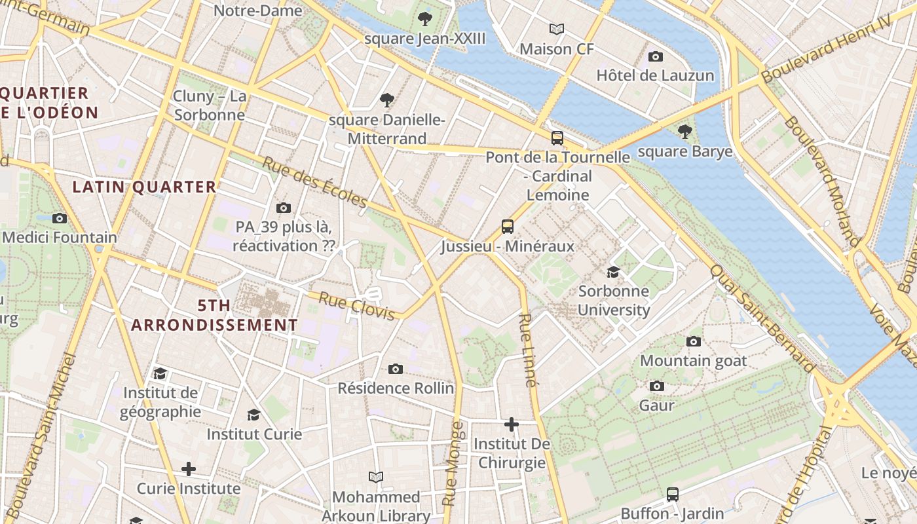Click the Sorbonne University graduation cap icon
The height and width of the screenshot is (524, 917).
(x=613, y=272)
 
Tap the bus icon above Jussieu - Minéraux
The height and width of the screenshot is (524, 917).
(x=508, y=227)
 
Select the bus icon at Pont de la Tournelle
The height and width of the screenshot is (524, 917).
(x=557, y=138)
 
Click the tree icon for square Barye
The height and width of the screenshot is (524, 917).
(x=684, y=132)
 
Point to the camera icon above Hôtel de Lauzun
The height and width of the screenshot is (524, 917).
(x=655, y=56)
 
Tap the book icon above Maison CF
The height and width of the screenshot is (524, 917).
(x=557, y=29)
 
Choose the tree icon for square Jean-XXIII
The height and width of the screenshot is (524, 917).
(x=425, y=19)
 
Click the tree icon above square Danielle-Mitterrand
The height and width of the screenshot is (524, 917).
(x=387, y=100)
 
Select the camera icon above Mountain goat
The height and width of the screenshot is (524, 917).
(x=694, y=341)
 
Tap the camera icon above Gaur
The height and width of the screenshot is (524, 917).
(x=657, y=386)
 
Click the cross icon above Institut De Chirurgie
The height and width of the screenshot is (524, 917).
(x=512, y=424)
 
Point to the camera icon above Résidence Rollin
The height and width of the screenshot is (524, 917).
(x=396, y=369)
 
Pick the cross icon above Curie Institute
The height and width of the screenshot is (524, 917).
(x=189, y=469)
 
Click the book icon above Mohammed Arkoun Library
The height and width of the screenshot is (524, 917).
(x=375, y=477)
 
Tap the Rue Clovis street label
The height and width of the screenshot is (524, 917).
(x=356, y=307)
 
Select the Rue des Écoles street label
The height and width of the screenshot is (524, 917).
(x=315, y=182)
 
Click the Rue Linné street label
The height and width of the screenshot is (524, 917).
(x=528, y=350)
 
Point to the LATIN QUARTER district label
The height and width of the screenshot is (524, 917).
(x=144, y=187)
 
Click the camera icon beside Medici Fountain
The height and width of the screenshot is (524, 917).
(x=60, y=218)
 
